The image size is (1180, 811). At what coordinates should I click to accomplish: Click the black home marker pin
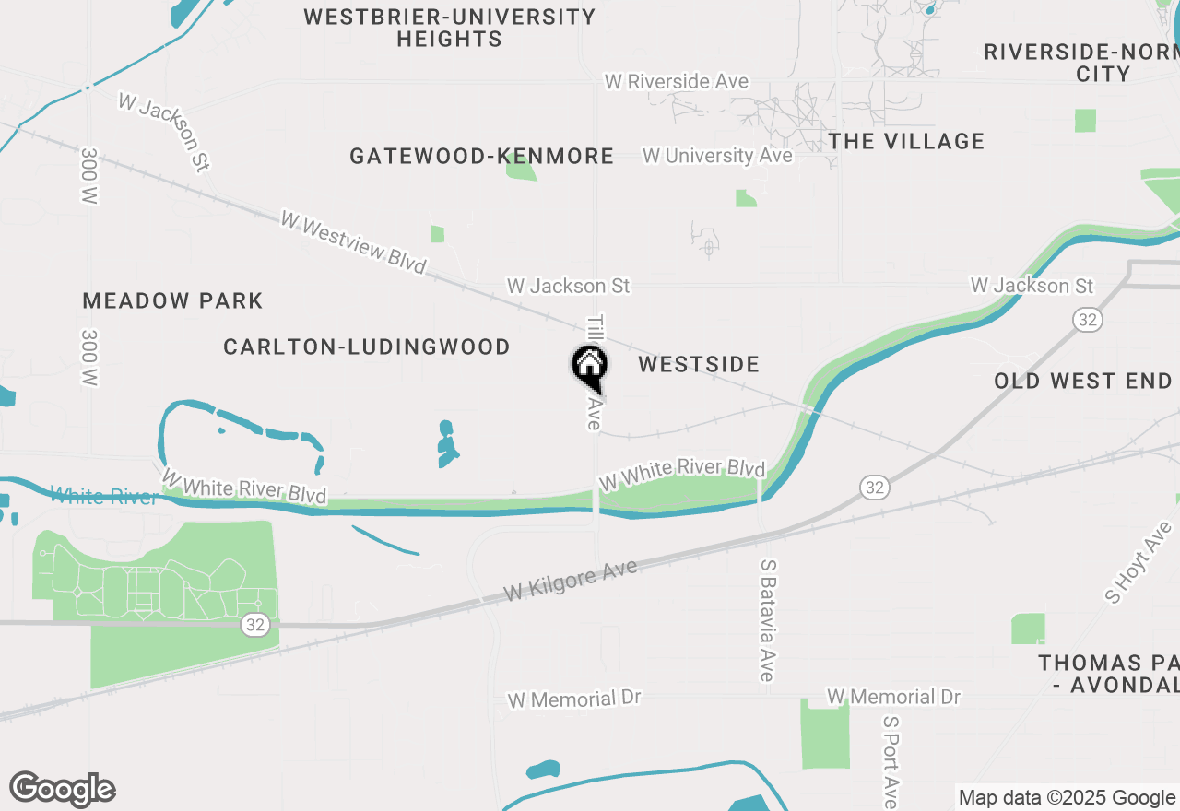pos(588,366)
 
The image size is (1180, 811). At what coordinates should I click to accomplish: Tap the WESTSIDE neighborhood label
pos(699,364)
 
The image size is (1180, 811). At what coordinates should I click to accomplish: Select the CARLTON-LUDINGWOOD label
pos(367,347)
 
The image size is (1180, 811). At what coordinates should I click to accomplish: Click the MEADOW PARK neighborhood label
pos(172,300)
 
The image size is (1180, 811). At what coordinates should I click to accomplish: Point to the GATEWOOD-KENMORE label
pos(481,157)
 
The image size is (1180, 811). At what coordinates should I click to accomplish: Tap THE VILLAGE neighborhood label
pos(906,141)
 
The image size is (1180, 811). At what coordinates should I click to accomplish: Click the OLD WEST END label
pos(1083,381)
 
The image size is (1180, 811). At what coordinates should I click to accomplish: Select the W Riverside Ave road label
pos(676,82)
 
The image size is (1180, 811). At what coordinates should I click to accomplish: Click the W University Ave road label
pos(717,156)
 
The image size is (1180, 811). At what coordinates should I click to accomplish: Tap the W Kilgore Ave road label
pos(571,582)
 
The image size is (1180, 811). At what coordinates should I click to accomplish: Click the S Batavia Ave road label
pos(766,619)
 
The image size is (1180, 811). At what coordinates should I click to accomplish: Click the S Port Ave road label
pos(890,761)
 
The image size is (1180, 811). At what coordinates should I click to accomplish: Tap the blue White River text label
pos(104,497)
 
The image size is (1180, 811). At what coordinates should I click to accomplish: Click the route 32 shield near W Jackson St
pos(1088,320)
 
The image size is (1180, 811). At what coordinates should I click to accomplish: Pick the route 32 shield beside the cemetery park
pos(255,625)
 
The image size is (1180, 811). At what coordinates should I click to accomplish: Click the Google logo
pos(63,790)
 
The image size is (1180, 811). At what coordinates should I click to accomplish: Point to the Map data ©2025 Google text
pos(1067,798)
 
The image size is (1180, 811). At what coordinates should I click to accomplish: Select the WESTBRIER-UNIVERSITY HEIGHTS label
pos(450,28)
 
